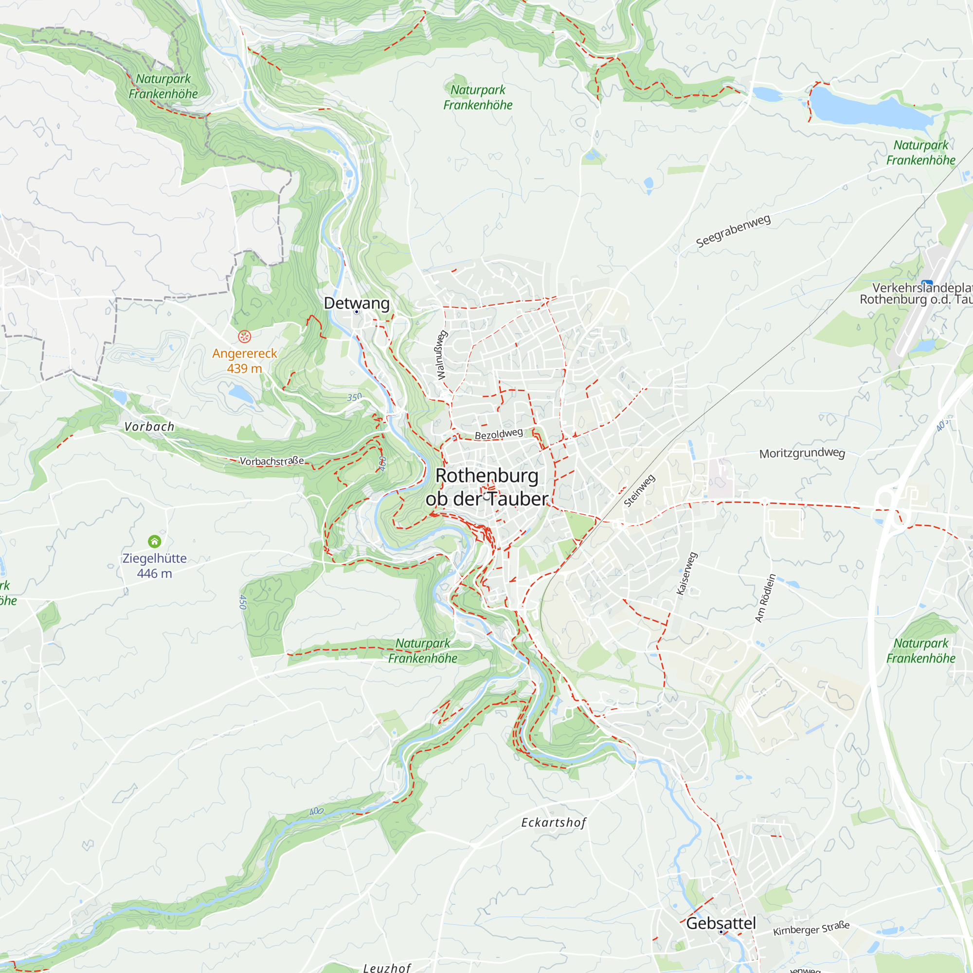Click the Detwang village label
[357, 303]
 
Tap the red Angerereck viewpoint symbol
[244, 336]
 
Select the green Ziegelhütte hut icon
[155, 541]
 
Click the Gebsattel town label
[721, 923]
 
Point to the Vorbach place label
[149, 427]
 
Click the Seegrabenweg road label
[733, 231]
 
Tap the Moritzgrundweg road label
[802, 453]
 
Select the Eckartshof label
[554, 822]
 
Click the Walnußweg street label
[441, 355]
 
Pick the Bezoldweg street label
[499, 433]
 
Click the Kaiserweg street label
[687, 574]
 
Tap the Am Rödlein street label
[765, 598]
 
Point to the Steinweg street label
[640, 490]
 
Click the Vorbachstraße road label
[271, 461]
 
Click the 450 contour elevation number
[243, 602]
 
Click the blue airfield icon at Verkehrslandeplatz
[927, 283]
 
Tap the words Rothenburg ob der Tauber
[486, 487]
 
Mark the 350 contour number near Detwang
[354, 397]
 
